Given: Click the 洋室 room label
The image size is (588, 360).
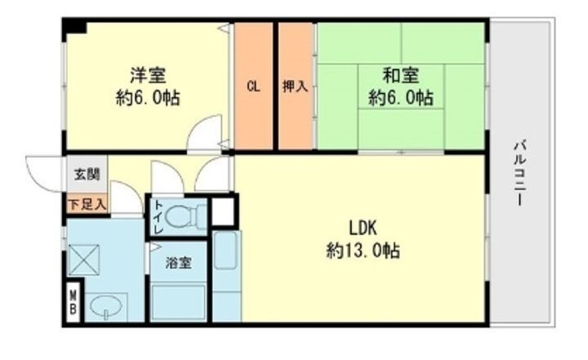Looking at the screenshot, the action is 148,75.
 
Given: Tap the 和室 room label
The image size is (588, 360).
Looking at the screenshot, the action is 400,75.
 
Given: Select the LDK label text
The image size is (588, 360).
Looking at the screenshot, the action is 363,228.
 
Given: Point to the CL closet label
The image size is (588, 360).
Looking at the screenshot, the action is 253,87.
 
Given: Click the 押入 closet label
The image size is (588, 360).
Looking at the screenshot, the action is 295,87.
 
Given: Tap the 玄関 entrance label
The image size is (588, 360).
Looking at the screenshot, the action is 87,175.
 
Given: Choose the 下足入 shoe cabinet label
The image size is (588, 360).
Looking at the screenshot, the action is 87,205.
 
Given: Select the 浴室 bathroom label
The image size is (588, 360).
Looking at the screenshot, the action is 179,263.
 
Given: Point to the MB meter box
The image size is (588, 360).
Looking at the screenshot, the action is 73,302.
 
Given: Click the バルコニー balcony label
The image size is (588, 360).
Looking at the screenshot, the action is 519,173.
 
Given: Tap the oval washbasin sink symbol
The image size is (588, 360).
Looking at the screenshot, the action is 107,305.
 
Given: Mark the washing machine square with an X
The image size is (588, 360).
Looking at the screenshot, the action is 84,260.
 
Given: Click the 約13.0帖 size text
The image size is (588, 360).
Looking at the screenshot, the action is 363,251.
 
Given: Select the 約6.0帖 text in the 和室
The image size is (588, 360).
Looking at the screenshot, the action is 400,97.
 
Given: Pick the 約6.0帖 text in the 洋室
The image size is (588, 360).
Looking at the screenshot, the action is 148,97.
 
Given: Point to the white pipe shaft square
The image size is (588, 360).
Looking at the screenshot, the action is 223,211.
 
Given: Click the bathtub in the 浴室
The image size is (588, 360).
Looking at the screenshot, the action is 178,303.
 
